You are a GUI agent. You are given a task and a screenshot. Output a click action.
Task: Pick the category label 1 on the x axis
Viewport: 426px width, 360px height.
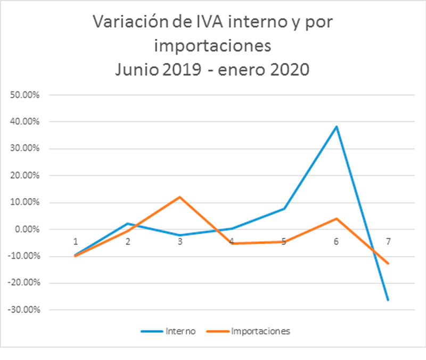pyautogui.click(x=76, y=241)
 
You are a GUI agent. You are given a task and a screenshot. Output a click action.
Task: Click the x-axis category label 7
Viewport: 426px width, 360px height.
pyautogui.click(x=388, y=241)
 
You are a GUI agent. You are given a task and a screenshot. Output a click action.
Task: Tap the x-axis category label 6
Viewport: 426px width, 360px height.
pyautogui.click(x=336, y=241)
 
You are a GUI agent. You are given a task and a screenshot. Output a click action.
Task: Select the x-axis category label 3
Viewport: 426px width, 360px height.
pyautogui.click(x=180, y=241)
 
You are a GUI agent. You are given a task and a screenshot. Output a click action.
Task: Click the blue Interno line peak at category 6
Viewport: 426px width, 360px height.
pyautogui.click(x=336, y=127)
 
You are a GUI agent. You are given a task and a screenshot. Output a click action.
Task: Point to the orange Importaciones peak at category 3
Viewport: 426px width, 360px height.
pyautogui.click(x=180, y=197)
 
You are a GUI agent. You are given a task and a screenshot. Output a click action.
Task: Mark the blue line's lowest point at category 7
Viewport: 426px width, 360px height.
pyautogui.click(x=388, y=300)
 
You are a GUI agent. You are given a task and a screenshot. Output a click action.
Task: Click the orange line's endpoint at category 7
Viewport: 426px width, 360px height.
pyautogui.click(x=388, y=264)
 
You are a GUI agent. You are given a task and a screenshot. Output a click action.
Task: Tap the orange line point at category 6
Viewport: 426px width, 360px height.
pyautogui.click(x=336, y=218)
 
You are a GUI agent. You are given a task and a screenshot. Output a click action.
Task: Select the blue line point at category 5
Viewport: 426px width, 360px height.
pyautogui.click(x=284, y=208)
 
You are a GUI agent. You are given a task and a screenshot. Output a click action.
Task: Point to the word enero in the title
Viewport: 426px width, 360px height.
pyautogui.click(x=248, y=69)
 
